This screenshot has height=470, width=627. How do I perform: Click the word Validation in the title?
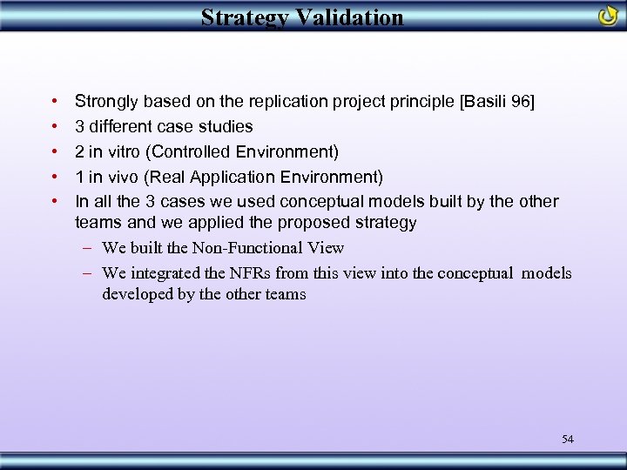coord(348,17)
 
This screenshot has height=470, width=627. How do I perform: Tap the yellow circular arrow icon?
coord(608,16)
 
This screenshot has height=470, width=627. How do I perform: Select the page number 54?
coord(568,439)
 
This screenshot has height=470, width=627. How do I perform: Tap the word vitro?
coord(123,152)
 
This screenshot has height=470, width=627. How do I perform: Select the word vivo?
coord(122,178)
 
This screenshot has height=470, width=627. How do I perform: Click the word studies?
coord(225,127)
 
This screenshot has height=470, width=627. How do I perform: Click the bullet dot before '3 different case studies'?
coord(55,127)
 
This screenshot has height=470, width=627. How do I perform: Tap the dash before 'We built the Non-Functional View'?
coord(88,249)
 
